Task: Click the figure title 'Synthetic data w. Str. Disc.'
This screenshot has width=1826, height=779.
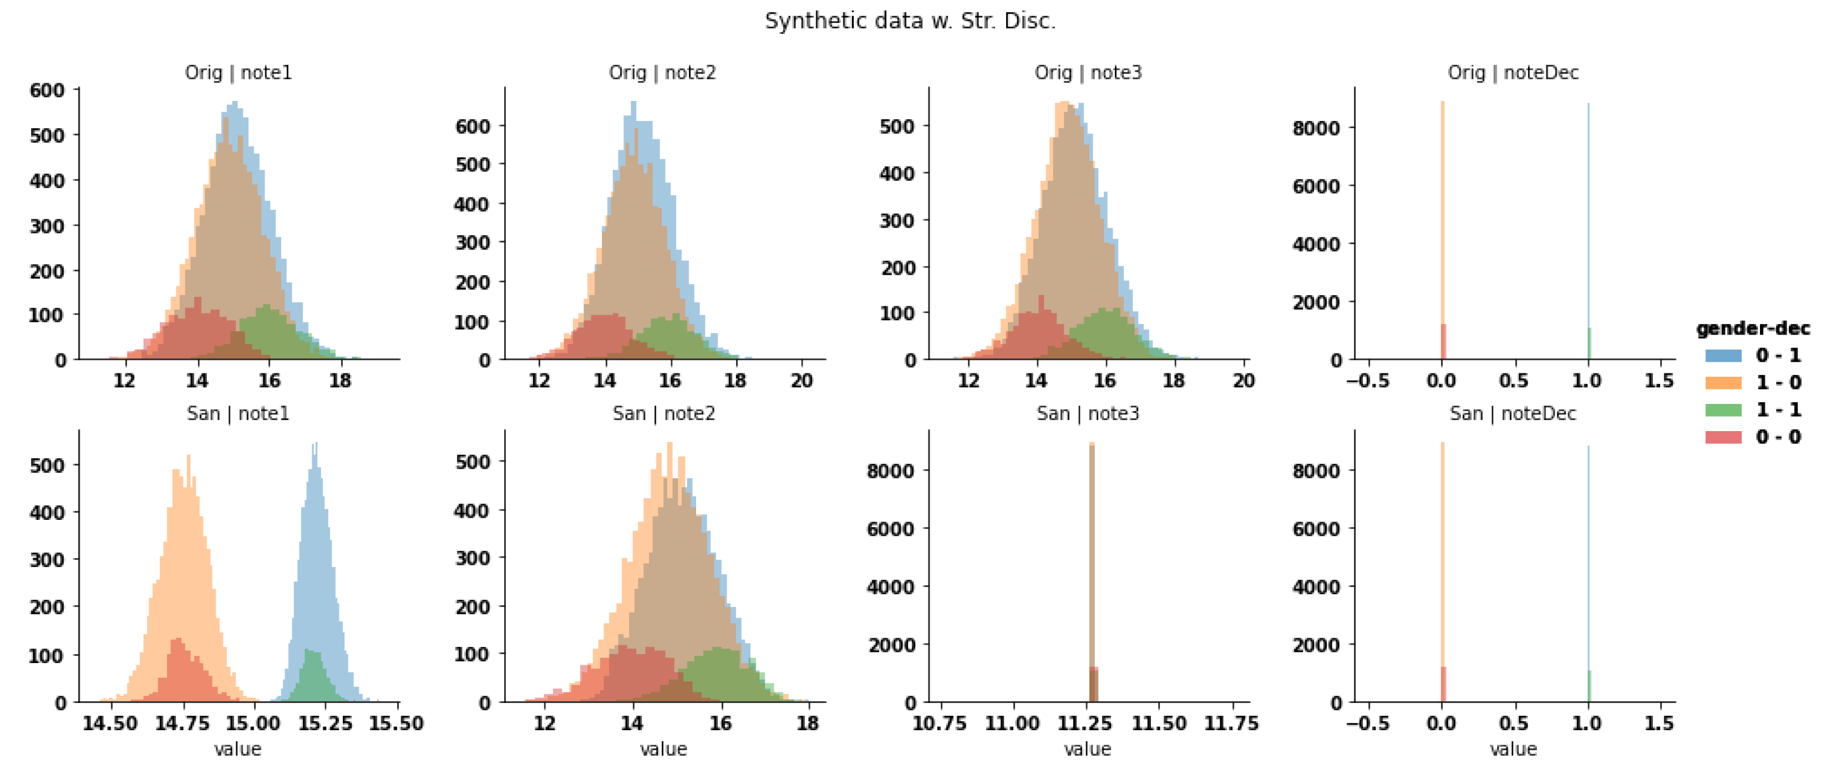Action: click(910, 21)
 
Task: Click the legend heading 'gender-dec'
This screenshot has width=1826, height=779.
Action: click(1752, 328)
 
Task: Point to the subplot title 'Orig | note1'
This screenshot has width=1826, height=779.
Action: click(238, 72)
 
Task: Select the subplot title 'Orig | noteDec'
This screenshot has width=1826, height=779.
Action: click(1513, 72)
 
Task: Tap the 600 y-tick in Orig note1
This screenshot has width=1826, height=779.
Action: click(47, 90)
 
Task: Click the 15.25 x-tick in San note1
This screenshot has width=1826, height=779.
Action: click(326, 724)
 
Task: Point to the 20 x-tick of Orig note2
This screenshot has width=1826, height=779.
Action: click(802, 381)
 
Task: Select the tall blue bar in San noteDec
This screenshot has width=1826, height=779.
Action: click(1588, 567)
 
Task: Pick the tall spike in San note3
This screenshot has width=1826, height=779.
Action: click(1092, 553)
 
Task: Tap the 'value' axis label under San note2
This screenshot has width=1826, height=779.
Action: click(663, 749)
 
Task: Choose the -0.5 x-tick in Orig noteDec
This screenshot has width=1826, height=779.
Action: click(1367, 381)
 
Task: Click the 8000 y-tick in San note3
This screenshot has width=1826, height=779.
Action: click(890, 471)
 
